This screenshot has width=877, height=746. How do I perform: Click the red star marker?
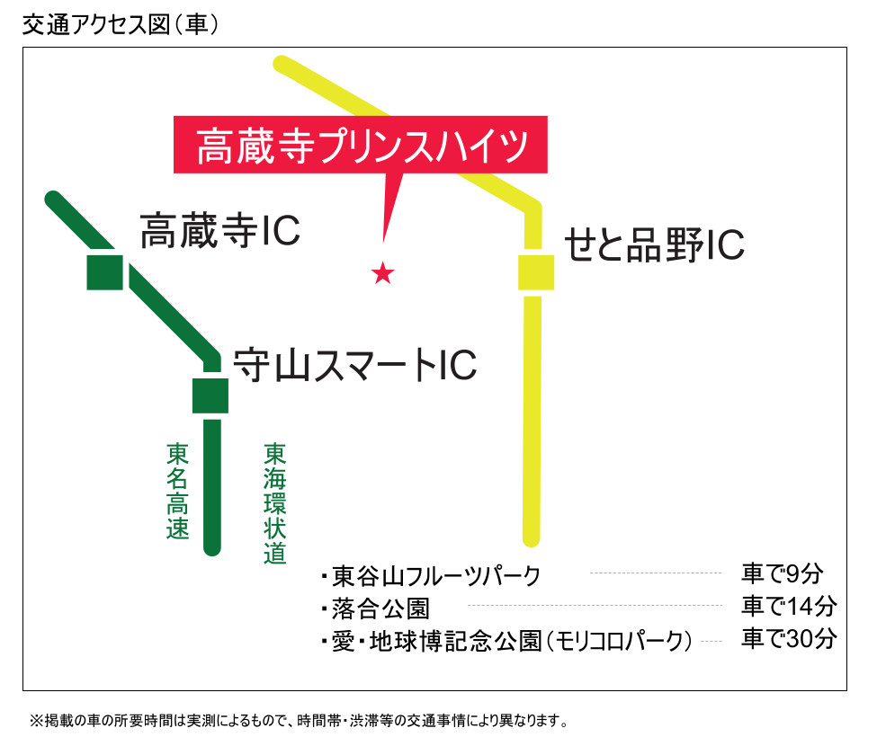[x=383, y=273]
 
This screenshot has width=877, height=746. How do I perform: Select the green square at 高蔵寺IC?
[x=104, y=271]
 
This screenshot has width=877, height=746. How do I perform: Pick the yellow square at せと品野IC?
[x=536, y=273]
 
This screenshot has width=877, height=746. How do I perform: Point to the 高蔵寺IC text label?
[x=219, y=233]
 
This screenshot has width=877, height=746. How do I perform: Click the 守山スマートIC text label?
[x=354, y=366]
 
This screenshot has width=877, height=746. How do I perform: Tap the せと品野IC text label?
[x=654, y=244]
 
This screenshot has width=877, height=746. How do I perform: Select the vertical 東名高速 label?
[x=178, y=491]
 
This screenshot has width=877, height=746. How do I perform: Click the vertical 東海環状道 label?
[x=275, y=503]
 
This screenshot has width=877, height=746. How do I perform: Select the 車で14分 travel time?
[x=789, y=606]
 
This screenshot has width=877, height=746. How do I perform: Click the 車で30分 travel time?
[x=789, y=639]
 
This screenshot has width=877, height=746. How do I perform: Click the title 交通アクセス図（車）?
[x=121, y=25]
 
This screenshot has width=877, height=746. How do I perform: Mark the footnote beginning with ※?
[x=298, y=721]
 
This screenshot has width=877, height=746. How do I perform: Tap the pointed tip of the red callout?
[x=384, y=241]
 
